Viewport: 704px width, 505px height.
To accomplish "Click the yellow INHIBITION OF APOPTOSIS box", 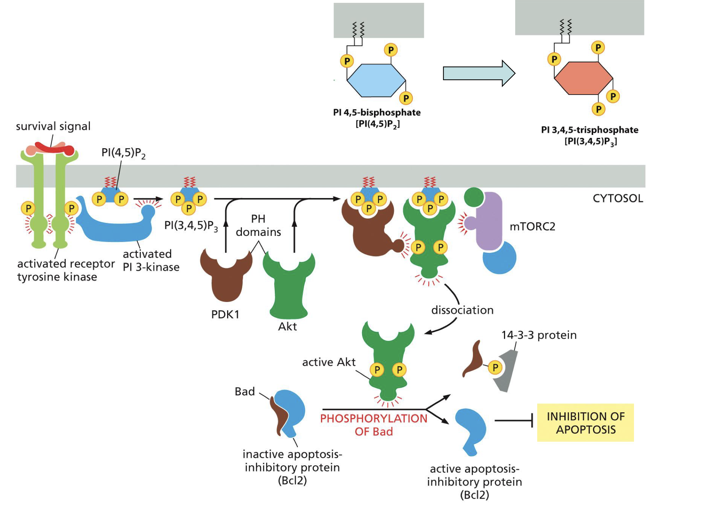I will [585, 423].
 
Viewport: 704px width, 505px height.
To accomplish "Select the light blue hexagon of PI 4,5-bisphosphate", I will [376, 80].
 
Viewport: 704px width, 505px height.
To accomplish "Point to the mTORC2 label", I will [532, 227].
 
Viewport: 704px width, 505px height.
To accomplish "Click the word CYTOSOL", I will [618, 198].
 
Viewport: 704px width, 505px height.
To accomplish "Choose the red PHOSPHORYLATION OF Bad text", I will [374, 425].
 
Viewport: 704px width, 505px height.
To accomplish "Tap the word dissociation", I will [462, 310].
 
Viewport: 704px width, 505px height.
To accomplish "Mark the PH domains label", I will [258, 225].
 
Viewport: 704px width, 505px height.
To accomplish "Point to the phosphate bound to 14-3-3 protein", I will [495, 368].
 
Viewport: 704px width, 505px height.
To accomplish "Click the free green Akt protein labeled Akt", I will [289, 289].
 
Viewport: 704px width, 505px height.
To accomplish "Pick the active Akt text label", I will [329, 362].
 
